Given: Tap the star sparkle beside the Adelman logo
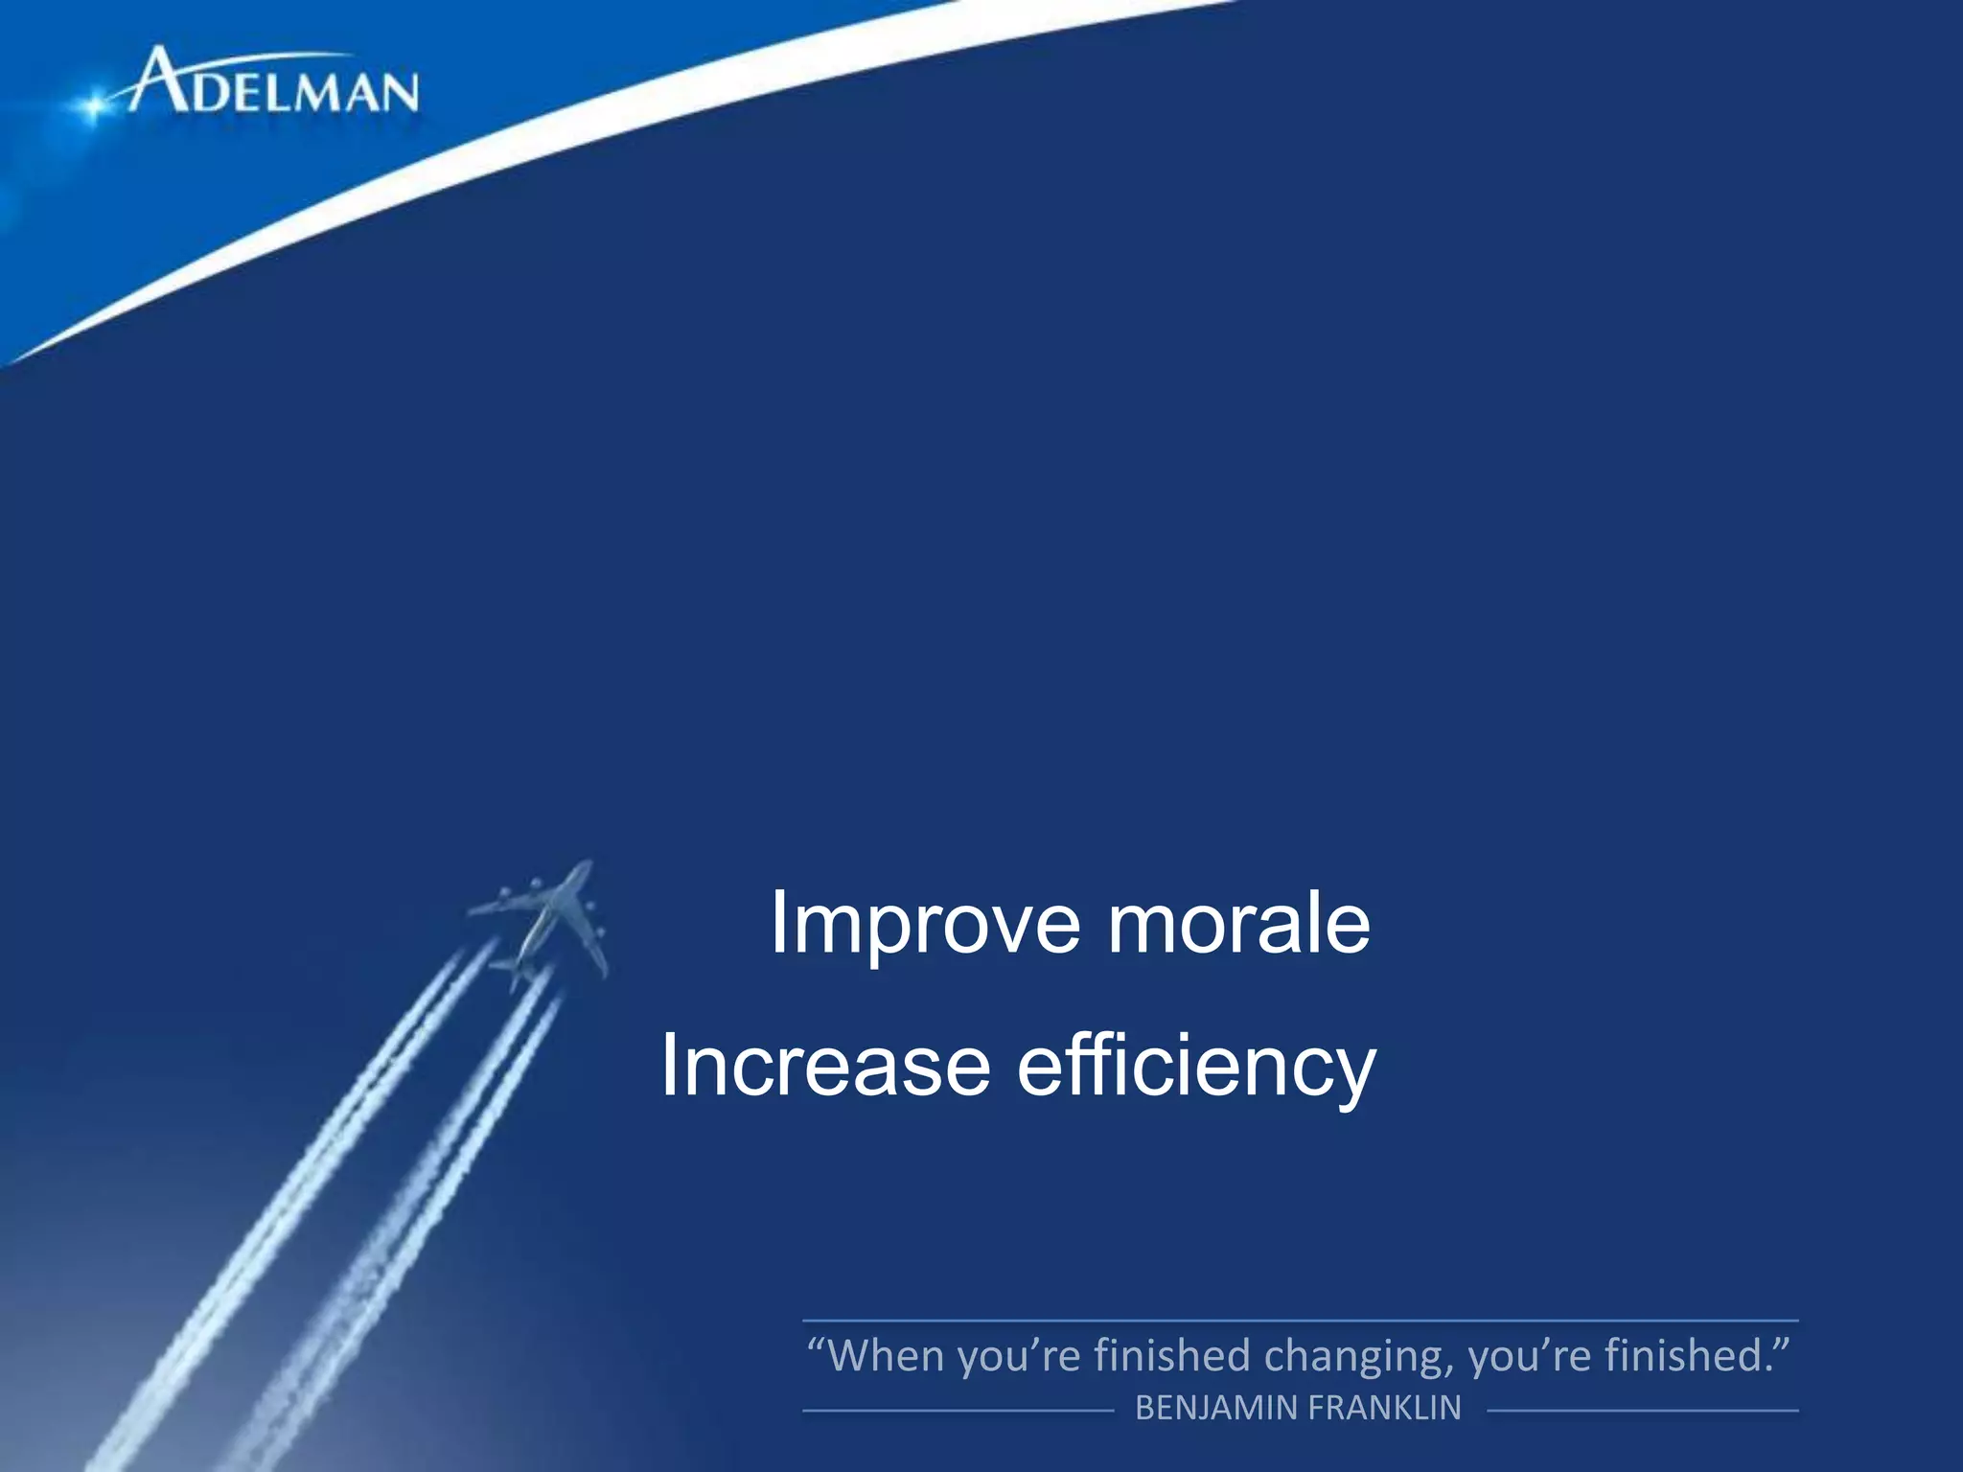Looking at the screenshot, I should [x=93, y=105].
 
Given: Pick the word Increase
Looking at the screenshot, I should [x=825, y=1066].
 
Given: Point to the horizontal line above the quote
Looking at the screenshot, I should [x=1300, y=1321].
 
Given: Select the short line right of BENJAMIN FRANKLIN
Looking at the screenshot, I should [x=1642, y=1411].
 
